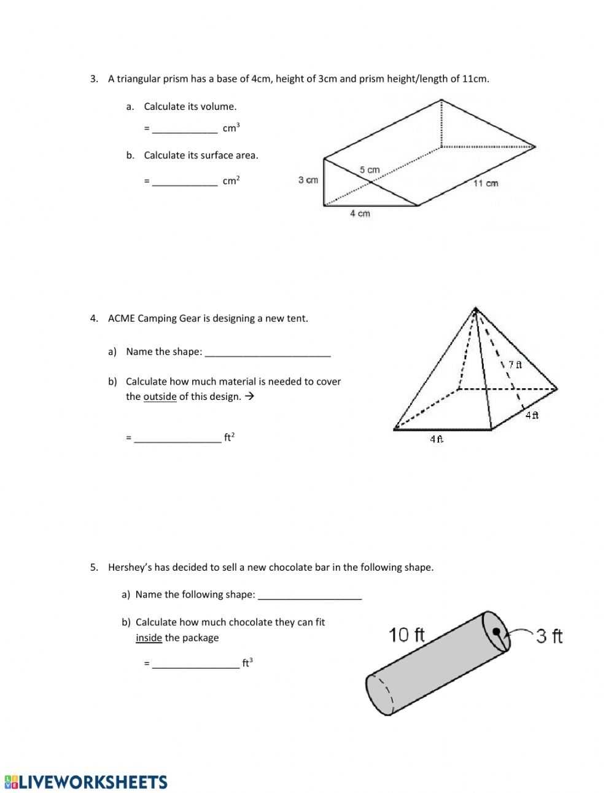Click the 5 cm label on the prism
tap(370, 170)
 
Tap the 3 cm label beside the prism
tap(308, 180)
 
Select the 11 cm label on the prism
tap(486, 183)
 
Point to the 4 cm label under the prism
tap(360, 213)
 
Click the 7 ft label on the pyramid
tap(515, 364)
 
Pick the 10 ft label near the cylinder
tap(406, 635)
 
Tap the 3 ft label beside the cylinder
tap(549, 636)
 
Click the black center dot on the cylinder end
tap(496, 631)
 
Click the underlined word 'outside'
tap(160, 397)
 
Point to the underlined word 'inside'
tap(149, 638)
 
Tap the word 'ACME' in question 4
tap(121, 318)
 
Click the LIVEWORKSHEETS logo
tap(85, 781)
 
